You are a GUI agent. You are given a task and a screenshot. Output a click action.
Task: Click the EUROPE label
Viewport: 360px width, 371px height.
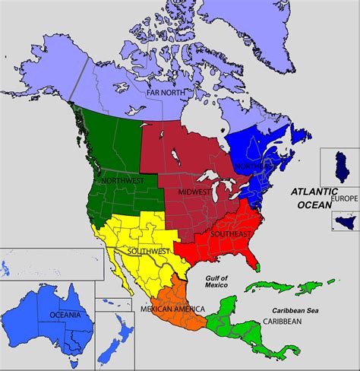343,198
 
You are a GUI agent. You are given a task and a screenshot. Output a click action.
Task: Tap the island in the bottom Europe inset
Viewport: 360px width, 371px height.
341,221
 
